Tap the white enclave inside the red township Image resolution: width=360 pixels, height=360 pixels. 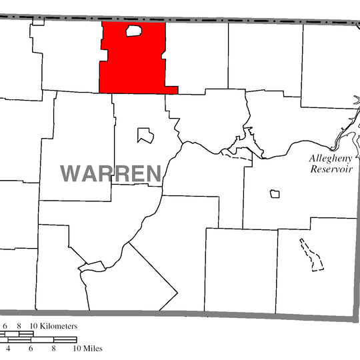[x=135, y=31]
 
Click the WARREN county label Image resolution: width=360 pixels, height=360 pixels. [x=111, y=173]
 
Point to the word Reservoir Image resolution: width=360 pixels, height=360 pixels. [x=329, y=169]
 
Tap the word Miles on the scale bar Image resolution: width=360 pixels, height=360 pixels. [x=89, y=348]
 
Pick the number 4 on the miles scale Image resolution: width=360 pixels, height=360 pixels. [x=8, y=348]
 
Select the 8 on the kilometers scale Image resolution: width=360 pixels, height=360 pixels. [x=20, y=327]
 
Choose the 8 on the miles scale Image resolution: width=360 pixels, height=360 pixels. [x=53, y=348]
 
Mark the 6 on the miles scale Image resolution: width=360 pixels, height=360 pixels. [x=31, y=348]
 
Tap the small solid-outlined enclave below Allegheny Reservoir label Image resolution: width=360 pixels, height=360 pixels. [x=274, y=194]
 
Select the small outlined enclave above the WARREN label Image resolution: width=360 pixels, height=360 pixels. [x=145, y=135]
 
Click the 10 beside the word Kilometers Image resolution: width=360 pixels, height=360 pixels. [x=31, y=327]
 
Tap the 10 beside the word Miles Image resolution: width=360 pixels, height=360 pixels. [x=77, y=348]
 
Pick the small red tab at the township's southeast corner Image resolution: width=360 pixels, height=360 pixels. [x=172, y=89]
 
